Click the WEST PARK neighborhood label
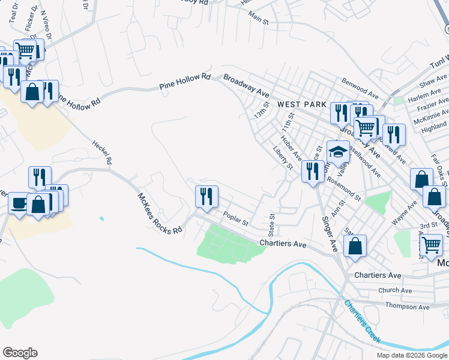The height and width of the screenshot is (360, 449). pyautogui.click(x=301, y=104)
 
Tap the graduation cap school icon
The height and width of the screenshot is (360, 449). pyautogui.click(x=338, y=152)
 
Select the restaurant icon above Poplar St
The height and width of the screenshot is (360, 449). pyautogui.click(x=206, y=196)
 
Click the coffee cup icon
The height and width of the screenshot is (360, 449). pyautogui.click(x=19, y=202)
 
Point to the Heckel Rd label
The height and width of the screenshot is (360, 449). pyautogui.click(x=102, y=152)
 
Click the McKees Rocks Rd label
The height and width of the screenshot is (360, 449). pyautogui.click(x=159, y=214)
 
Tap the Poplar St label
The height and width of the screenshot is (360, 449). pyautogui.click(x=235, y=217)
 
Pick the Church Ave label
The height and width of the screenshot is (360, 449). pyautogui.click(x=395, y=290)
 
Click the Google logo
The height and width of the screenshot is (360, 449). pyautogui.click(x=20, y=353)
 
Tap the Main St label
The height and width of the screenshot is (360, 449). pyautogui.click(x=258, y=19)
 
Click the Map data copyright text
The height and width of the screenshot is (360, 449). pyautogui.click(x=411, y=355)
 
